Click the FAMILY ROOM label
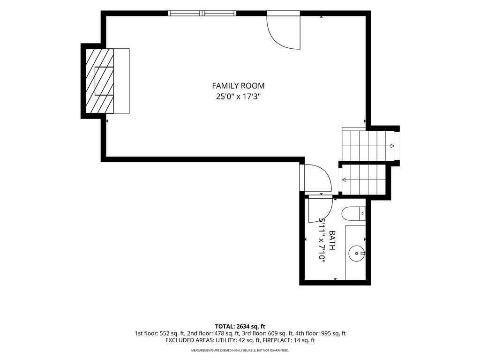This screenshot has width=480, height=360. click(x=238, y=86)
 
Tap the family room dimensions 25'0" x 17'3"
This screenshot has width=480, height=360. click(x=238, y=97)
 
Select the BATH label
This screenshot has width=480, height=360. click(x=332, y=240)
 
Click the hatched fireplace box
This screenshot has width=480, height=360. click(x=100, y=81)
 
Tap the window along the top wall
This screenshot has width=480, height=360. click(x=202, y=13)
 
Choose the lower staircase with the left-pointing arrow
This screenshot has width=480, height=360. click(x=363, y=180)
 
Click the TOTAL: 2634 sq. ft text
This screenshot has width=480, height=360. click(x=240, y=326)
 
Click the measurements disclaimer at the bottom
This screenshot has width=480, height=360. click(x=240, y=350)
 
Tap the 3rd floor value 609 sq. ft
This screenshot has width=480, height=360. click(x=277, y=333)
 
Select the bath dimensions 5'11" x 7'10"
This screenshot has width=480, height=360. click(x=322, y=240)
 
